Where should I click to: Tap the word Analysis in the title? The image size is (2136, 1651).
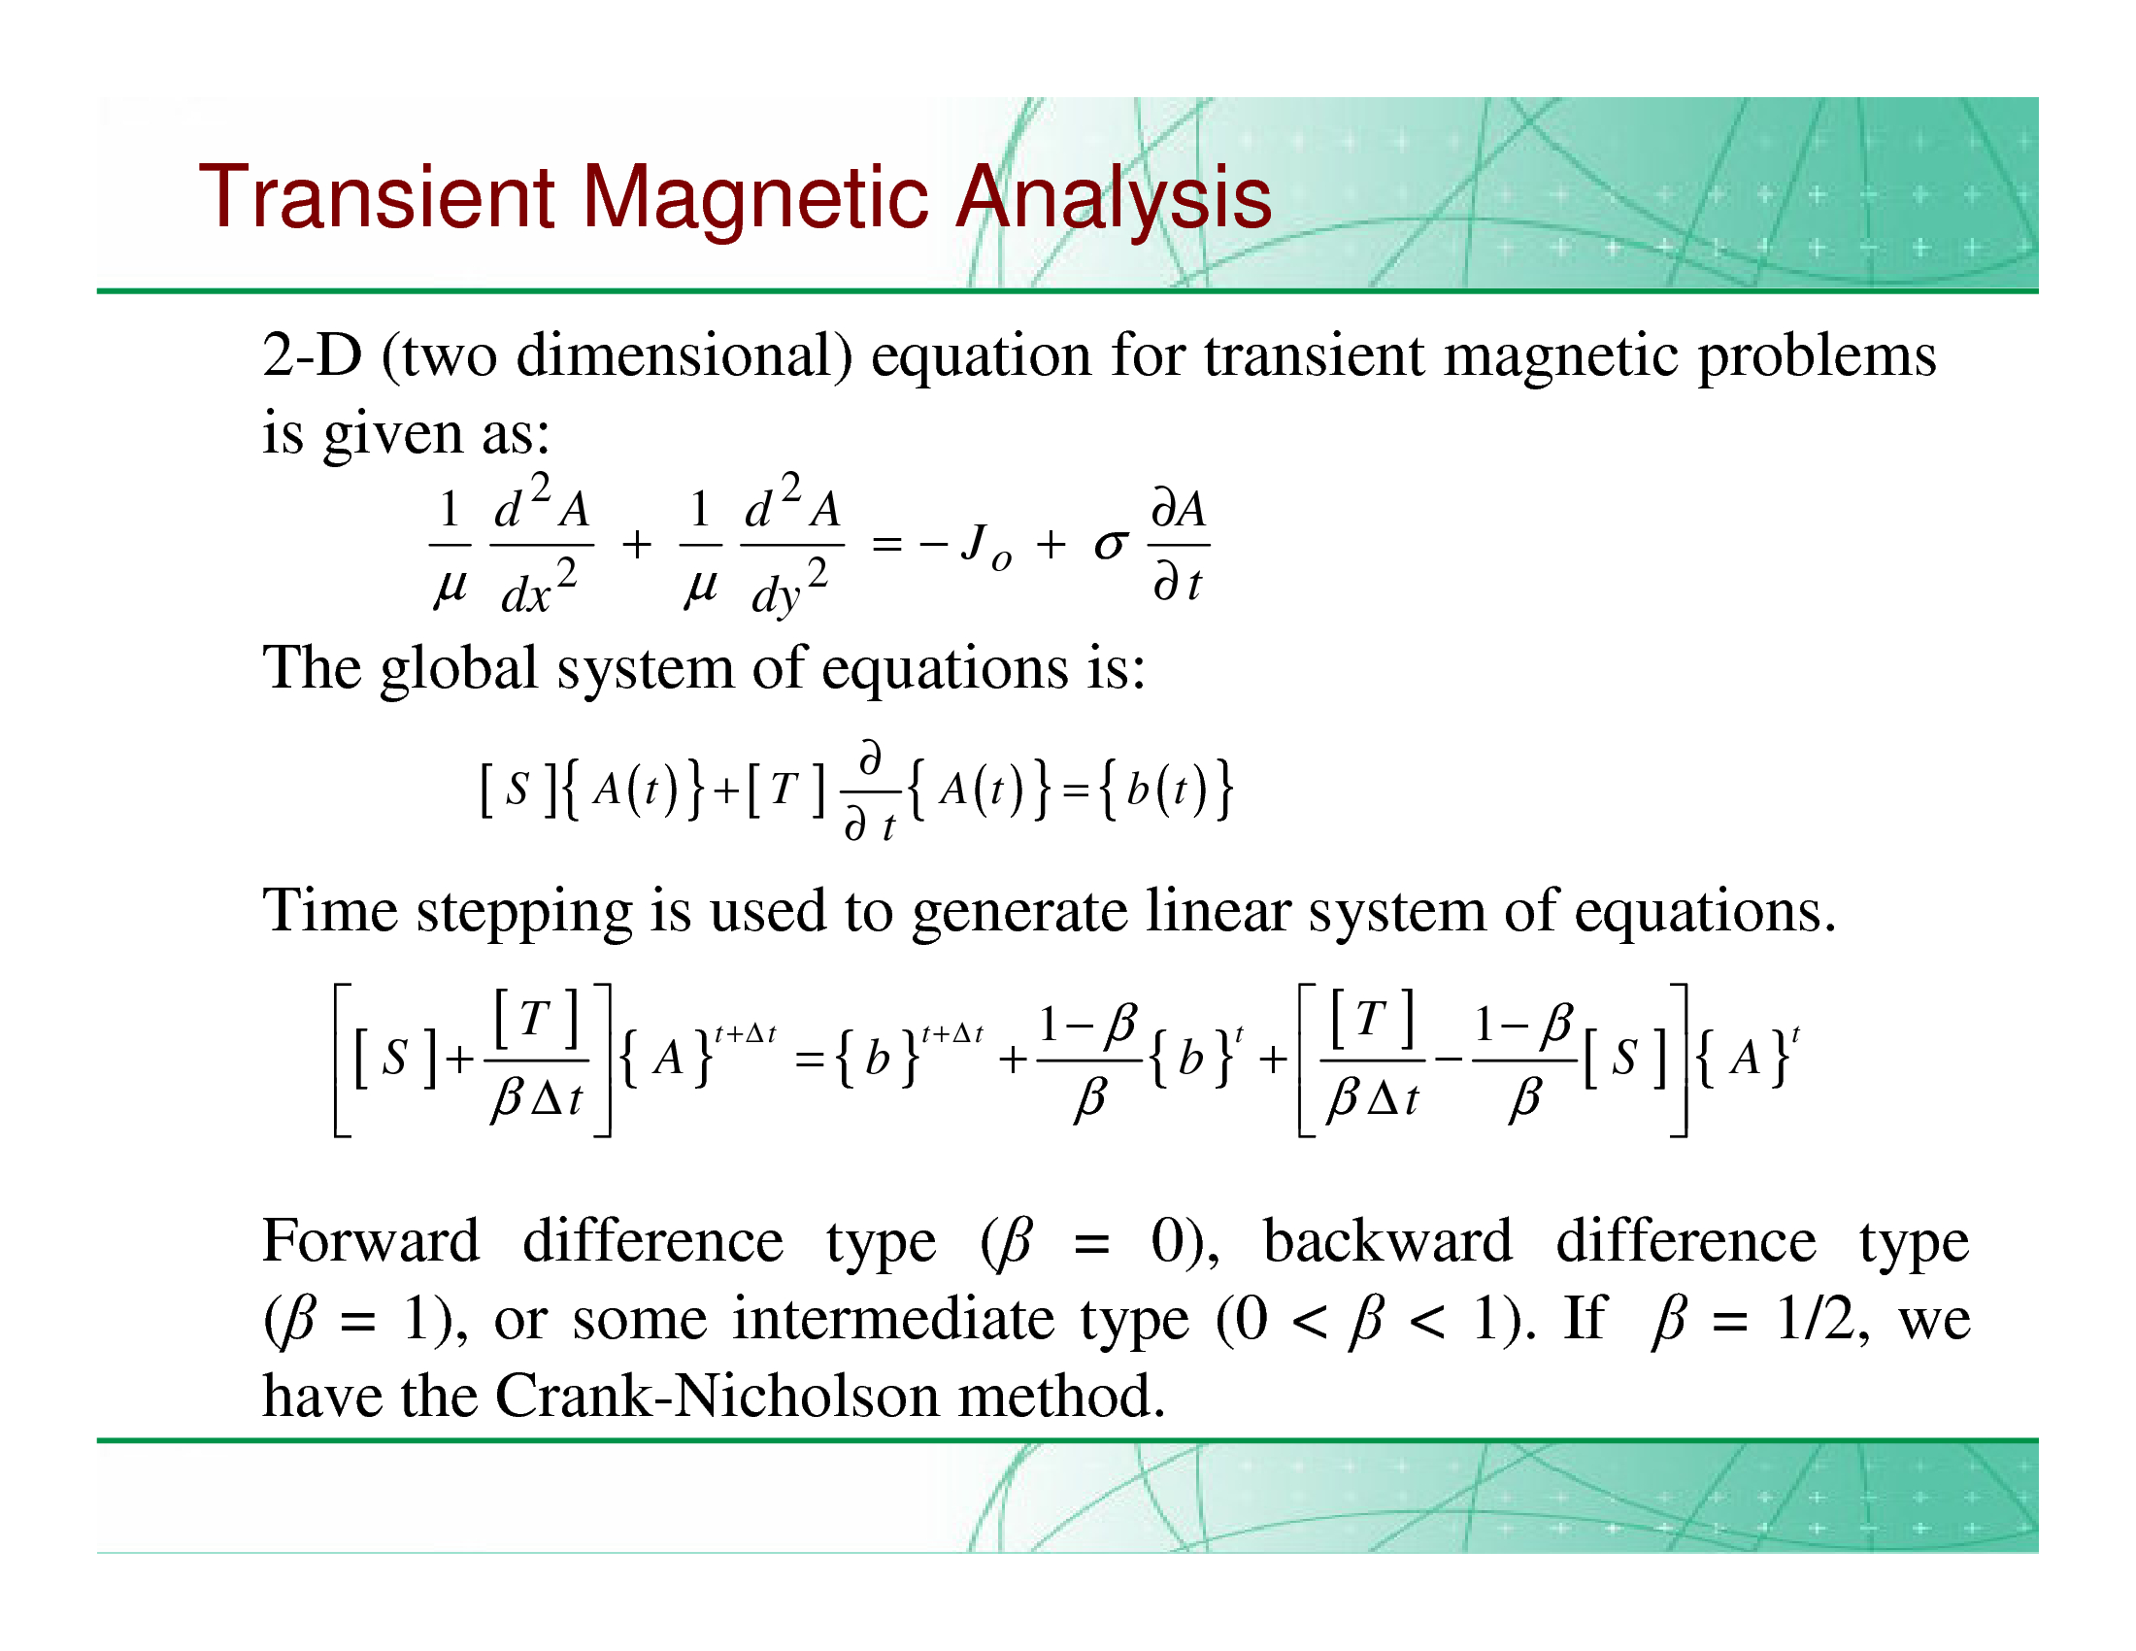1113,199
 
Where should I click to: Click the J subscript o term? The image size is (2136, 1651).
985,546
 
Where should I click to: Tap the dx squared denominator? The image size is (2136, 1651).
539,587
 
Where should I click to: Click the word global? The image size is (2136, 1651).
459,670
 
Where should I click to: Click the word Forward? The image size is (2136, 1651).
372,1241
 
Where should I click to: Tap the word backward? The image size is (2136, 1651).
1387,1241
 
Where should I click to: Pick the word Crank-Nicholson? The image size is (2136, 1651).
718,1396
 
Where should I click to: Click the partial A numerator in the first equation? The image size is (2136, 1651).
1180,510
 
